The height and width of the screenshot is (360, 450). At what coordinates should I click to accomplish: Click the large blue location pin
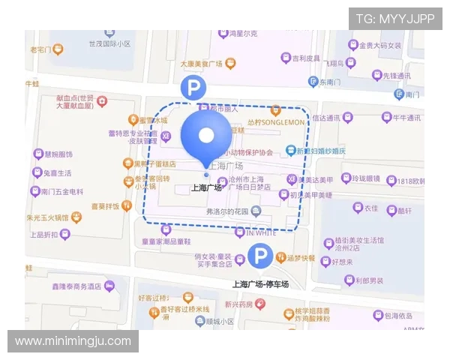[x=206, y=135]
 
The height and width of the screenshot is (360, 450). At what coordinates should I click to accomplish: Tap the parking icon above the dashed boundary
[x=193, y=89]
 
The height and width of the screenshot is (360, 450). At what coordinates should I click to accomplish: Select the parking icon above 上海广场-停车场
[x=260, y=258]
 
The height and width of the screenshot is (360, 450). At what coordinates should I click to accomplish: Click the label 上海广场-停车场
[x=260, y=283]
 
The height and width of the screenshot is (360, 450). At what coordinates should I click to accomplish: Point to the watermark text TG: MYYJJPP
[x=395, y=19]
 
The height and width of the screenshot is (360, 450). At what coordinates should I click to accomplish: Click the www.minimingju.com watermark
[x=73, y=341]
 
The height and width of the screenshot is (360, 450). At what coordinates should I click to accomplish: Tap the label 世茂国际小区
[x=109, y=44]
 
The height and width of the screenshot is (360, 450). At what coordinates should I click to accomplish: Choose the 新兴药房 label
[x=240, y=304]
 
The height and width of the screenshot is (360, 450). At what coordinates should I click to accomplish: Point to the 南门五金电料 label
[x=62, y=191]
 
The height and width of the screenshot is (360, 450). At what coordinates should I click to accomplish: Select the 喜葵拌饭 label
[x=106, y=205]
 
